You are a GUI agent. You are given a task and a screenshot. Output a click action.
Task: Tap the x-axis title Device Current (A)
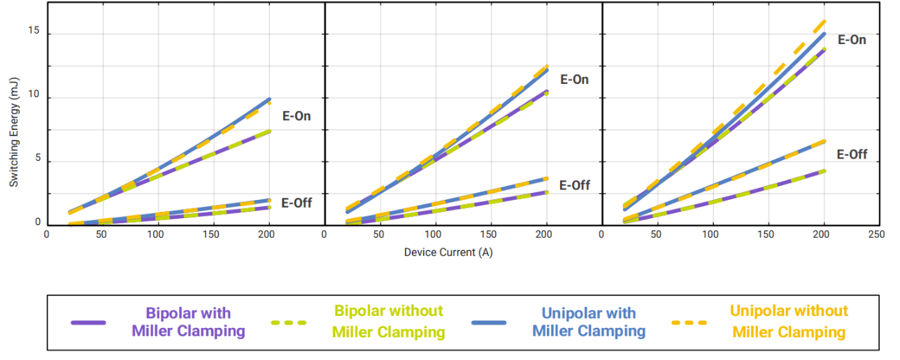click(448, 252)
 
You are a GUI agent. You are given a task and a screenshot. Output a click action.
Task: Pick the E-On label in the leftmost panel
click(297, 116)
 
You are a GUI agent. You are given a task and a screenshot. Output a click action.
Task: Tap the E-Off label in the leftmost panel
click(297, 203)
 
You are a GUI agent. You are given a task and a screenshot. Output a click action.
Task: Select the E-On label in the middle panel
click(574, 80)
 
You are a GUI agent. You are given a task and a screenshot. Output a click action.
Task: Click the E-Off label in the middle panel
click(574, 185)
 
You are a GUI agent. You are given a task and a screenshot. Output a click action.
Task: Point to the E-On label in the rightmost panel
click(852, 40)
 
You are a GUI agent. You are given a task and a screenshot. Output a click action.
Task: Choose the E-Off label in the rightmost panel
click(852, 154)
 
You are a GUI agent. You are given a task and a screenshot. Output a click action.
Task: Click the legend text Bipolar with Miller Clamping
click(188, 322)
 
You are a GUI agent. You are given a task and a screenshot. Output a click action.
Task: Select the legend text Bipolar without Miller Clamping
click(389, 322)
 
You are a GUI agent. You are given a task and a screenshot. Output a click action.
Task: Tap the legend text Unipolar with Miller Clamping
click(589, 322)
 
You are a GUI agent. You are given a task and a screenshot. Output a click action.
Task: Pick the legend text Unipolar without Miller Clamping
click(789, 322)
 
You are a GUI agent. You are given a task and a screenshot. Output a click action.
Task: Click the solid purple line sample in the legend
click(88, 323)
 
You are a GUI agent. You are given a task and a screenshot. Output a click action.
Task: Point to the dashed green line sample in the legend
click(288, 323)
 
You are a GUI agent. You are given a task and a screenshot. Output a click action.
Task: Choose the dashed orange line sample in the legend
click(689, 323)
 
